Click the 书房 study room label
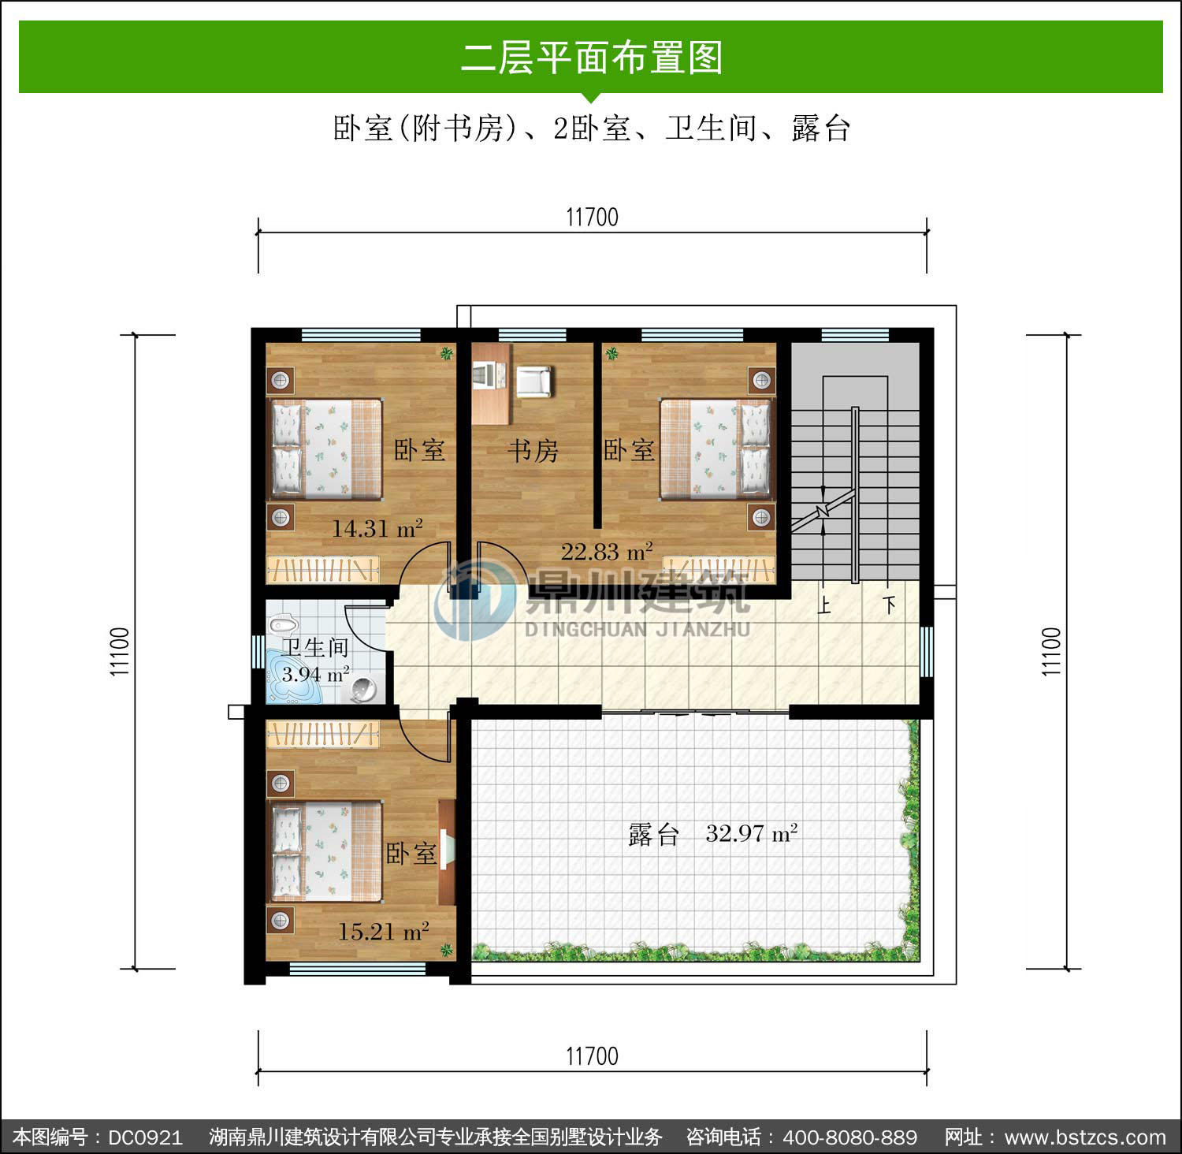533,451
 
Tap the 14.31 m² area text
377,528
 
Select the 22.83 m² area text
607,551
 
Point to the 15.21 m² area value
384,932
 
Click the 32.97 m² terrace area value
752,833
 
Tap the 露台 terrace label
653,834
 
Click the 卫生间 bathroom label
316,648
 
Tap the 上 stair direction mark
825,605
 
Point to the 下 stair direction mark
890,605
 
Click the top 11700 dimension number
593,217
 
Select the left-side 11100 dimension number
120,651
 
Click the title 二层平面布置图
592,58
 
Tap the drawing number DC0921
146,1137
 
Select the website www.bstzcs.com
1085,1137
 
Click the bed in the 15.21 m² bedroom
326,851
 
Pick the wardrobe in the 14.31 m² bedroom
323,570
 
